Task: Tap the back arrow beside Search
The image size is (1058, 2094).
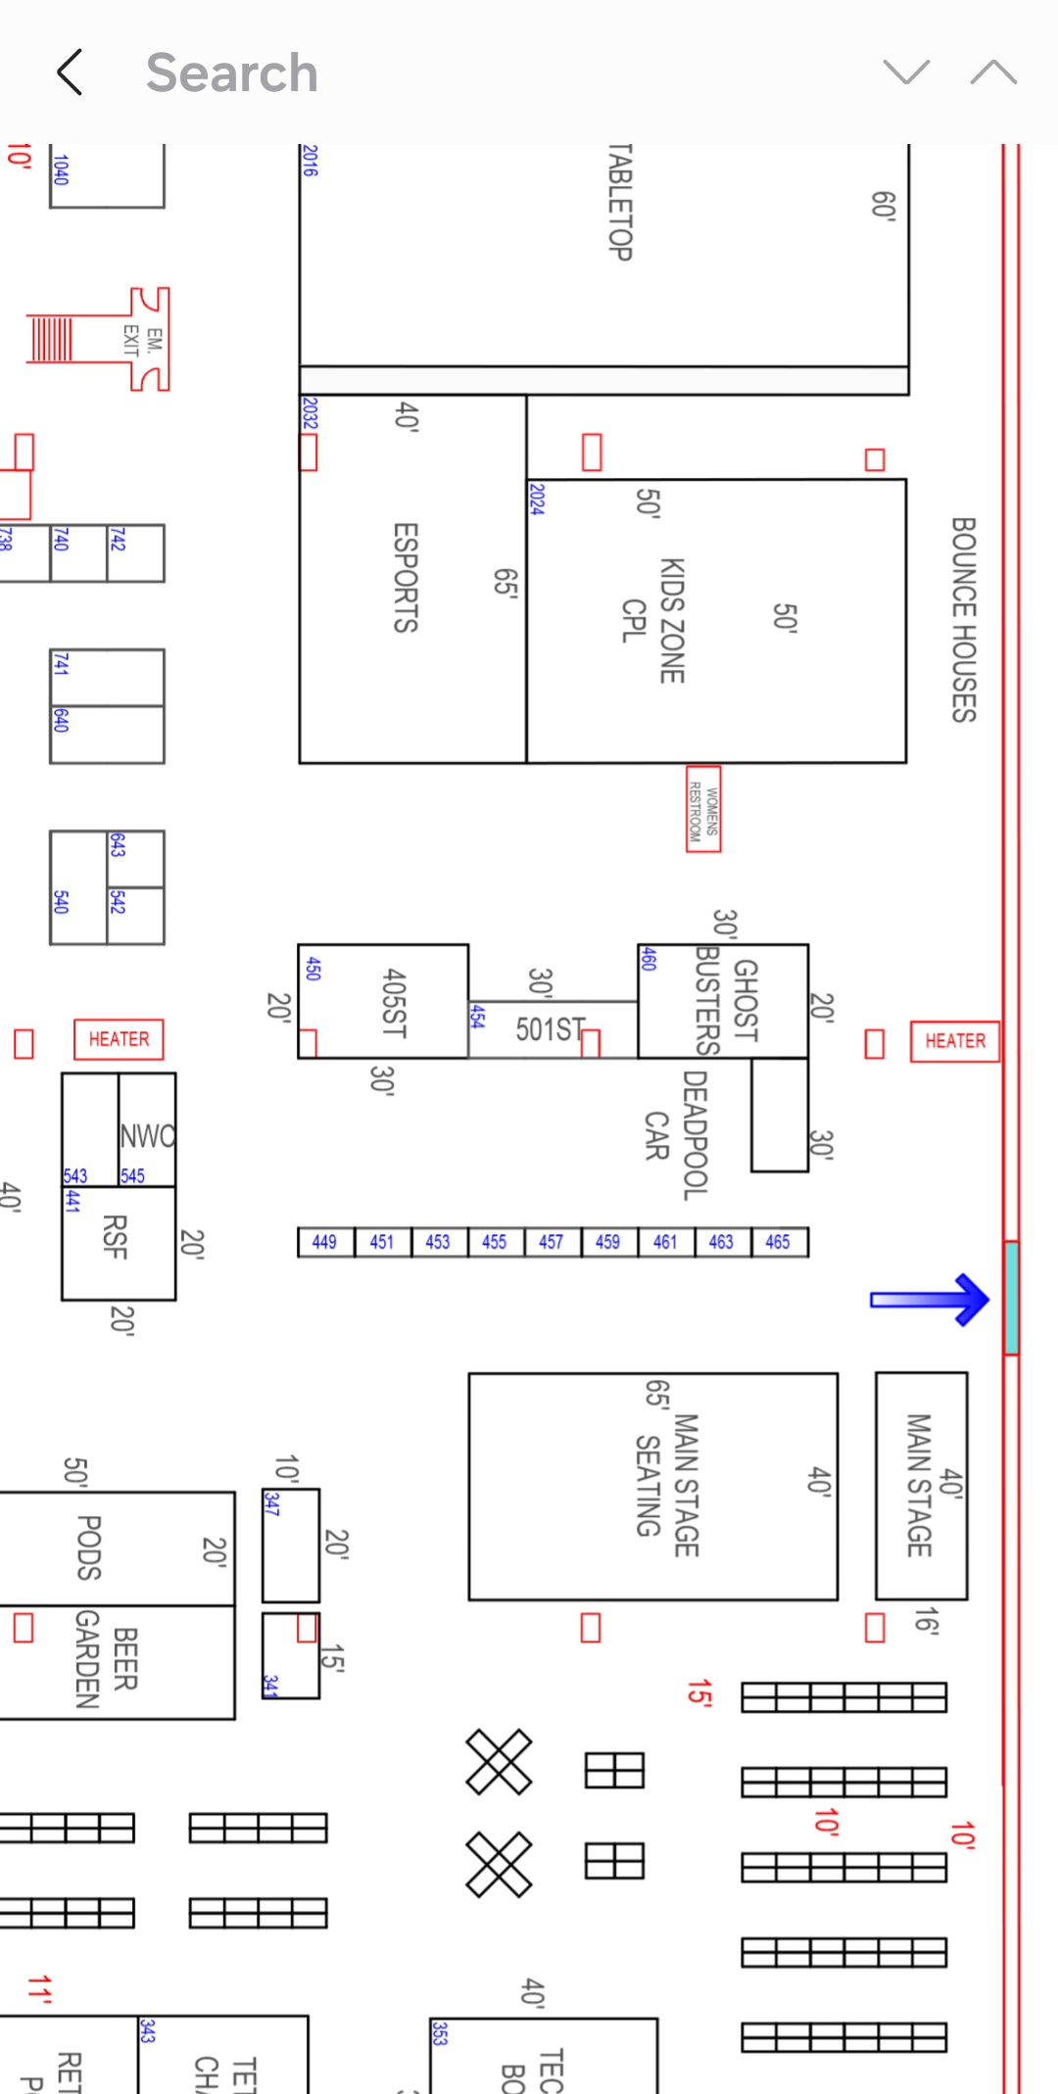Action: pyautogui.click(x=70, y=72)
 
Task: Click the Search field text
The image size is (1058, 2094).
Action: pyautogui.click(x=232, y=72)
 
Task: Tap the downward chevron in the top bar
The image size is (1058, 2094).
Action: pyautogui.click(x=906, y=72)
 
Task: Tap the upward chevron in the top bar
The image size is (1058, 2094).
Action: pyautogui.click(x=993, y=72)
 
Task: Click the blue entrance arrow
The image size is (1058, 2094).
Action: pyautogui.click(x=931, y=1300)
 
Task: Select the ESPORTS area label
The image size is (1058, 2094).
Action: pyautogui.click(x=406, y=578)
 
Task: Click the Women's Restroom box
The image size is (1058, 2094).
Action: pyautogui.click(x=703, y=809)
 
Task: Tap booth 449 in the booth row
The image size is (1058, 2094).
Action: pyautogui.click(x=325, y=1242)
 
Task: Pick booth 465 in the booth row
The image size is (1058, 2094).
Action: pyautogui.click(x=778, y=1242)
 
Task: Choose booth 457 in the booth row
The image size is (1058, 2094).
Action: pyautogui.click(x=552, y=1242)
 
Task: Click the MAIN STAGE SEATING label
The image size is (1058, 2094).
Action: pyautogui.click(x=667, y=1485)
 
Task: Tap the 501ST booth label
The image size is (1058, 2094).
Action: pyautogui.click(x=550, y=1029)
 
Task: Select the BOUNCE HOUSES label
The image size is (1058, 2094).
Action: pyautogui.click(x=964, y=619)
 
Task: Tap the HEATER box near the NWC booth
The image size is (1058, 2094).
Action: pyautogui.click(x=119, y=1039)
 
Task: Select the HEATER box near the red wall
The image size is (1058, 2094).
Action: pyautogui.click(x=955, y=1041)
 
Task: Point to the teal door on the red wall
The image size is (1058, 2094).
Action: pyautogui.click(x=1011, y=1298)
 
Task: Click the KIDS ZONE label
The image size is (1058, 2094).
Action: pyautogui.click(x=671, y=620)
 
